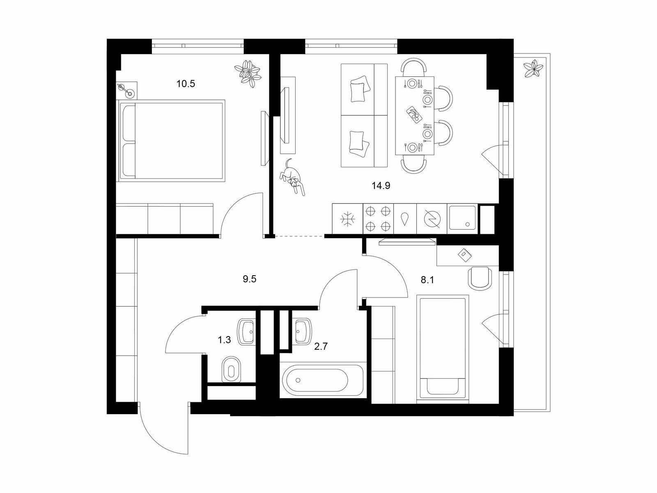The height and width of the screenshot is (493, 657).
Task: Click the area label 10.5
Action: click(186, 83)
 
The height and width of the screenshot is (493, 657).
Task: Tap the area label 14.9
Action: click(381, 186)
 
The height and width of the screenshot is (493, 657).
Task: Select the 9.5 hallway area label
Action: click(249, 279)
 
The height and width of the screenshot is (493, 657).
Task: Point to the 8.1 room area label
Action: click(427, 280)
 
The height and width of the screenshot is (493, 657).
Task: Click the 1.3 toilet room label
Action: click(224, 340)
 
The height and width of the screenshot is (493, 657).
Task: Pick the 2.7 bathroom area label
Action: click(321, 346)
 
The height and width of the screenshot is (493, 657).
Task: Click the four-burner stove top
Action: click(378, 219)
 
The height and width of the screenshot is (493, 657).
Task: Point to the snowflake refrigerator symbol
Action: click(347, 219)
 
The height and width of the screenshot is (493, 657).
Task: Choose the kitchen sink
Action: click(462, 218)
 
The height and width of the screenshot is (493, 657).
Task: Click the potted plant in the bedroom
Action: click(247, 74)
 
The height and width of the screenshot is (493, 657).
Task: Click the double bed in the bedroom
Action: click(172, 141)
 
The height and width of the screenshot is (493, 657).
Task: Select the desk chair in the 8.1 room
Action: click(480, 278)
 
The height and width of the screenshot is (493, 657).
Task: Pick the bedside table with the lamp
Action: click(127, 90)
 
